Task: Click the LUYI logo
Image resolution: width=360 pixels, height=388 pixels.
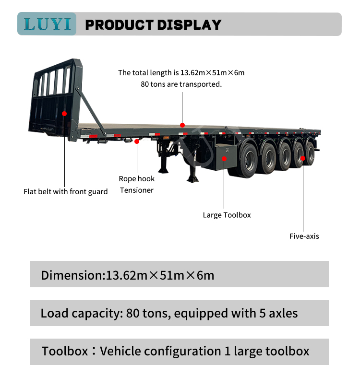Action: pos(47,24)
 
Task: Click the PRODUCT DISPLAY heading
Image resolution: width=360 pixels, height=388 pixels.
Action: pos(153,25)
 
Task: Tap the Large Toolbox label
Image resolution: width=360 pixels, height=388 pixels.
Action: pos(227,215)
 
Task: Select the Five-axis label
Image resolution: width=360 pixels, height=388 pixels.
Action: pos(304,236)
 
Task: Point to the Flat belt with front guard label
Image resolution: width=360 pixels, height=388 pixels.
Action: pos(66,192)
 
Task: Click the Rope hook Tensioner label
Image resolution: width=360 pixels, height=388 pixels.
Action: pos(137,184)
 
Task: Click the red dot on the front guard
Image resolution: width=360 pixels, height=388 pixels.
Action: pos(64,113)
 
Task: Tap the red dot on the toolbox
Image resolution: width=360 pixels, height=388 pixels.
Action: pos(224,158)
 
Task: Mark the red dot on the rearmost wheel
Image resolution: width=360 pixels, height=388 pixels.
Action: pos(303,157)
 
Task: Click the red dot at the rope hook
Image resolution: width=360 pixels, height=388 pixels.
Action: pos(137,141)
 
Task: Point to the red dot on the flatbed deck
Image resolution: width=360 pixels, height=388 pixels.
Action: pos(182,124)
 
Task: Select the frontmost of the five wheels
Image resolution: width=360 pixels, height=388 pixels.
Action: pos(249,159)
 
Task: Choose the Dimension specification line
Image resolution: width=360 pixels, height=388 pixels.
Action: pos(127,275)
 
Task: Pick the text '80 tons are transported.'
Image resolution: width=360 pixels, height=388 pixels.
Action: pos(181,84)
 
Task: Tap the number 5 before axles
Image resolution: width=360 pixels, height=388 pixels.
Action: pos(264,314)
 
